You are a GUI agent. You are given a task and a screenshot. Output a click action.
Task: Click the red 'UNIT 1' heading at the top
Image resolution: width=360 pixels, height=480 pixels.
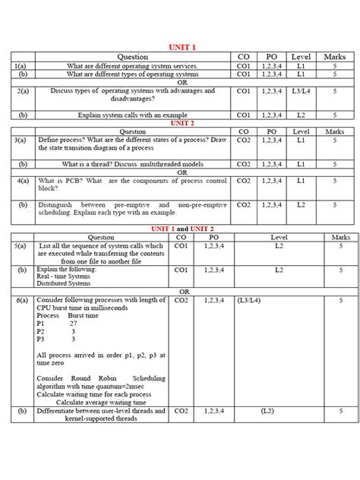(x=182, y=48)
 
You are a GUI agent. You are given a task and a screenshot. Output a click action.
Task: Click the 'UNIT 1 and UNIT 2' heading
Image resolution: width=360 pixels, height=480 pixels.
(x=182, y=228)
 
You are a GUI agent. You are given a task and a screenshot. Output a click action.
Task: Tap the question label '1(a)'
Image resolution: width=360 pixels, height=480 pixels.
(x=21, y=66)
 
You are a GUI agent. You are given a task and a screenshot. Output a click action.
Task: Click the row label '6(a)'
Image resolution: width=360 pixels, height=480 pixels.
(x=21, y=301)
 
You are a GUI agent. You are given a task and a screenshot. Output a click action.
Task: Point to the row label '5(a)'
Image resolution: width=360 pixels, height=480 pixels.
(x=21, y=247)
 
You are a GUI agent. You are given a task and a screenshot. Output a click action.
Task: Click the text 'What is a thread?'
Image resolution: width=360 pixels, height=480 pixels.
(x=85, y=164)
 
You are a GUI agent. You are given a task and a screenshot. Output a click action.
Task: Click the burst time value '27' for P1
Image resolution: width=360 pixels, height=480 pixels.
(x=73, y=324)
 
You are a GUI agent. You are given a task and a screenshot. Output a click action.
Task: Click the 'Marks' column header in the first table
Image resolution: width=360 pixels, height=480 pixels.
(x=334, y=57)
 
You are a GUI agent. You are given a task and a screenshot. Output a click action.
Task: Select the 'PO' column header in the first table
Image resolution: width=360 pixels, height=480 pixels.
(x=271, y=57)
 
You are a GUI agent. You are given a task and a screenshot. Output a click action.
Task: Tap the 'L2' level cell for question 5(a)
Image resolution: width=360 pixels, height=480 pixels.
(x=279, y=247)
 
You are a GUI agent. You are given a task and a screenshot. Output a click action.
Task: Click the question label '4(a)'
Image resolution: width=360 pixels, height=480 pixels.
(x=21, y=181)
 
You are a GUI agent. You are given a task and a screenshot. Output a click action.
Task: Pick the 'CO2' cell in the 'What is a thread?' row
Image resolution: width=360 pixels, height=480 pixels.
(x=244, y=164)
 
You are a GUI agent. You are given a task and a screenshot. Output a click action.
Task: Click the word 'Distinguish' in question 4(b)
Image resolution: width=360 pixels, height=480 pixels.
(x=57, y=205)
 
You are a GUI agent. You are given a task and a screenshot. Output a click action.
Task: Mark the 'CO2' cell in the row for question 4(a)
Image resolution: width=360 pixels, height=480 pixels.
(x=244, y=181)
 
